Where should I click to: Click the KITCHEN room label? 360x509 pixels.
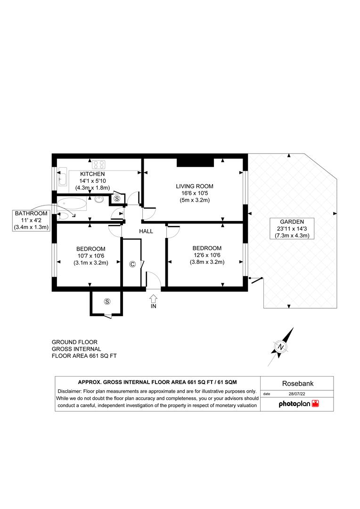click(92, 174)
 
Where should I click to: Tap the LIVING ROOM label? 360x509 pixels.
click(195, 186)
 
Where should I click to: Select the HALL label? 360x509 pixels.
click(146, 231)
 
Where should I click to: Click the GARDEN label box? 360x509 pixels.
click(292, 229)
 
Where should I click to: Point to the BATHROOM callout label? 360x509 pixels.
click(31, 220)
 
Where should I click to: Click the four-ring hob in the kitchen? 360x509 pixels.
click(98, 164)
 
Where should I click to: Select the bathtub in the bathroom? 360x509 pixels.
click(72, 204)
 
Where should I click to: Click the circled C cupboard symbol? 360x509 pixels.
click(132, 264)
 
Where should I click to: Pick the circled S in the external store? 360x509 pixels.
click(107, 302)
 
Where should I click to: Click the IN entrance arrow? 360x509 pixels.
click(154, 298)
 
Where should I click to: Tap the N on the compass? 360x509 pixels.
click(281, 347)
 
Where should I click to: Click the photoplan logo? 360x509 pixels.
click(299, 404)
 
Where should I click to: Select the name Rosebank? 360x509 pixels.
click(298, 383)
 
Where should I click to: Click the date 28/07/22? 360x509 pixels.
click(297, 394)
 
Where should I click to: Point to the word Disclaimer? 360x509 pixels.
click(69, 391)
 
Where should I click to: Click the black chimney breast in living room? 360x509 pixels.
click(195, 162)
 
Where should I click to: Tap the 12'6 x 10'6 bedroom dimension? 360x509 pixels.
click(207, 255)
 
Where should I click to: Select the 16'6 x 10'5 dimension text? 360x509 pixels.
click(195, 193)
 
